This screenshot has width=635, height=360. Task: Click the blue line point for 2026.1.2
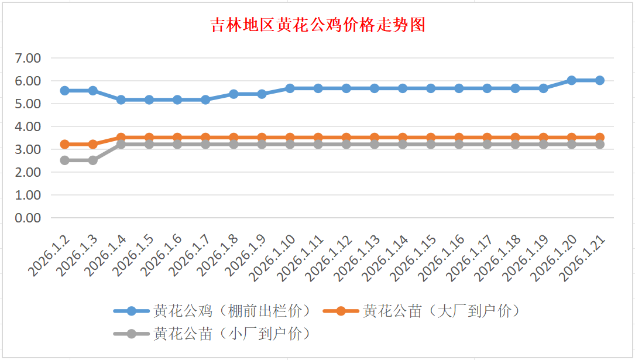coord(65,91)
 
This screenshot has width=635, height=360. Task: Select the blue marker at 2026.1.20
coord(572,80)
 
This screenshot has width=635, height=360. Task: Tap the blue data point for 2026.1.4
coord(121,100)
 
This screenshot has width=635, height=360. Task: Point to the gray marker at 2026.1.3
coord(93,160)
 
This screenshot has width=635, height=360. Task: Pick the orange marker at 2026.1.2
coord(65,144)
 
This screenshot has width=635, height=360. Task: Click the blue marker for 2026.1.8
coord(234,94)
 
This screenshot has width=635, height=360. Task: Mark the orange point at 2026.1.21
coord(600,138)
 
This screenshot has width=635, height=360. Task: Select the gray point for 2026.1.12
coord(346,144)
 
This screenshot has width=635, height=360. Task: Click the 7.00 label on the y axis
coord(28,58)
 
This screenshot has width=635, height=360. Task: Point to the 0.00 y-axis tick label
coord(28,218)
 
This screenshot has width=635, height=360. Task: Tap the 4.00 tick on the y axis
coord(28,126)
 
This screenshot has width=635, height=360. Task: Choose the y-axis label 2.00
coord(28,172)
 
